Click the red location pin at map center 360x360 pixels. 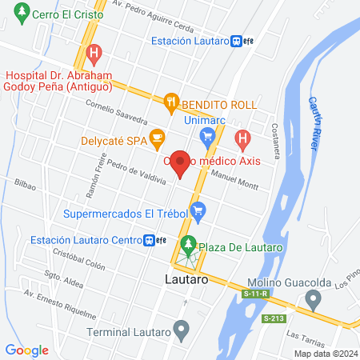[x=180, y=162]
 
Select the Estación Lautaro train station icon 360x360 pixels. [x=236, y=42]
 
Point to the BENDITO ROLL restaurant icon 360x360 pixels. [x=170, y=102]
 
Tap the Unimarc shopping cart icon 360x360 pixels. [x=207, y=136]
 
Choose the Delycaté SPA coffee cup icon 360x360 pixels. [x=157, y=138]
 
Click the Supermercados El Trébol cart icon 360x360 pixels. [x=199, y=213]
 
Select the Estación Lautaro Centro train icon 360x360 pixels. [x=149, y=239]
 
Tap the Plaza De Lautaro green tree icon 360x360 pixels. [x=189, y=244]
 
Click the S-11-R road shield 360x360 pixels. [x=256, y=295]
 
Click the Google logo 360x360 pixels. [x=26, y=350]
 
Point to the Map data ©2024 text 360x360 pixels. [x=325, y=354]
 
